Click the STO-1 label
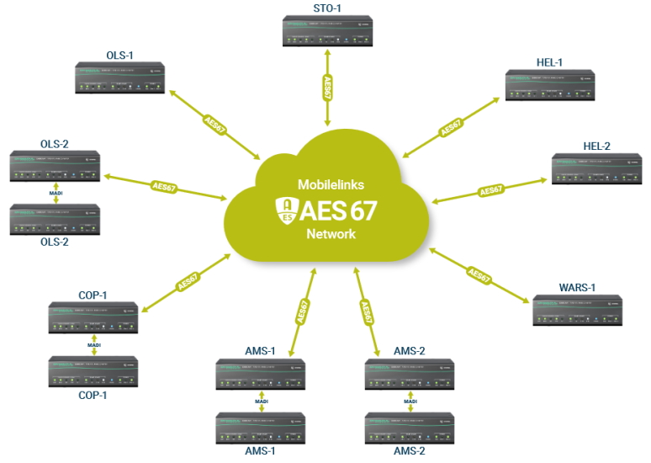326,8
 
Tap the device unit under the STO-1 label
326,32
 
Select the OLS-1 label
120,56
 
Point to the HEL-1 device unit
550,86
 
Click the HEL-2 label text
596,146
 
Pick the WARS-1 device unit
577,311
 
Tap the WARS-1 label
577,288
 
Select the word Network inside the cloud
331,234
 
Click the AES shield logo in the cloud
288,209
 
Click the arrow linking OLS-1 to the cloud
214,124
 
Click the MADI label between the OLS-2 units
55,192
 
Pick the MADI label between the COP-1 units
94,344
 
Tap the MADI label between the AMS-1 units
261,402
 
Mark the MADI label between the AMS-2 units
410,402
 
